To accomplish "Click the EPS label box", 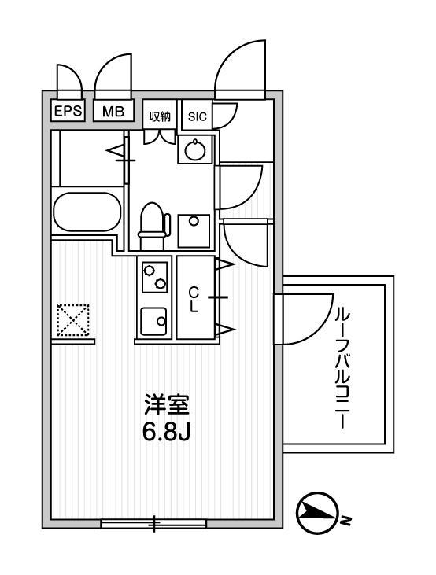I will (x=68, y=112).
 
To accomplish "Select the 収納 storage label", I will (x=160, y=116).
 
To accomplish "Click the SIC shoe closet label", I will (x=197, y=117).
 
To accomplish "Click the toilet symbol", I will (x=153, y=220).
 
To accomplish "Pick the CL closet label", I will (x=194, y=299).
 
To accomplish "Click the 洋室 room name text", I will (x=166, y=407).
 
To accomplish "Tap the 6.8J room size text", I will (x=166, y=433).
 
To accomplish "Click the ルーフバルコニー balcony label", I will (x=342, y=367).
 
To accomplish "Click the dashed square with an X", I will (x=73, y=319).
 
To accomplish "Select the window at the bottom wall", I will (x=154, y=523).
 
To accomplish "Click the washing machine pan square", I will (x=193, y=230).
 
